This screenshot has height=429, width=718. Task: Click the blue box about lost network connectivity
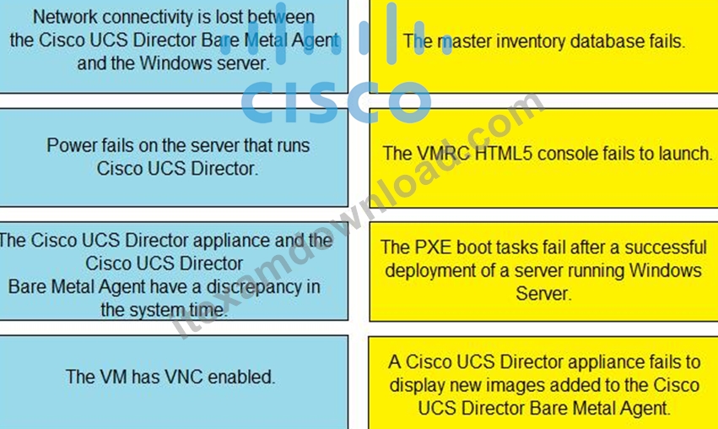pyautogui.click(x=174, y=46)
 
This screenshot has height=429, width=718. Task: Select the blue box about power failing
pyautogui.click(x=174, y=157)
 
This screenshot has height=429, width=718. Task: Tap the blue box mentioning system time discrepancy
pyautogui.click(x=174, y=271)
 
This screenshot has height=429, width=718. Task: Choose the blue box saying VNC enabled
pyautogui.click(x=174, y=383)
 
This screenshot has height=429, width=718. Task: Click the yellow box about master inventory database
pyautogui.click(x=543, y=46)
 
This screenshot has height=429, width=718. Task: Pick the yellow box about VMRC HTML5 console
pyautogui.click(x=543, y=158)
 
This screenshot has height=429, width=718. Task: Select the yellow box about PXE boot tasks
pyautogui.click(x=543, y=272)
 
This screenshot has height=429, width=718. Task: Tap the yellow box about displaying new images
pyautogui.click(x=543, y=383)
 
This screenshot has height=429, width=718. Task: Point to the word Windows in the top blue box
pyautogui.click(x=175, y=62)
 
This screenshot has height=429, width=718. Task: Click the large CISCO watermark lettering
pyautogui.click(x=336, y=102)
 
